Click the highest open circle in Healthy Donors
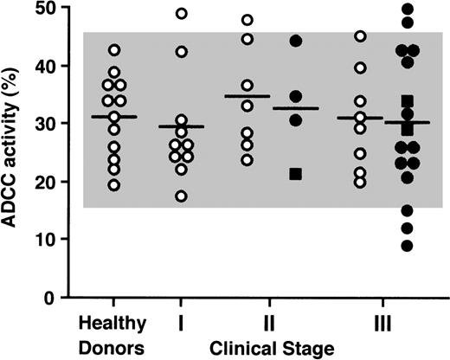114,50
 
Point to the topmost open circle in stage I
181,14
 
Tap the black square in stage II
295,174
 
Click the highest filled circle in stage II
295,42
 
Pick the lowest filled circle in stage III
408,246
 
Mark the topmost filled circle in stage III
408,10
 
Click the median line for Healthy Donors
114,117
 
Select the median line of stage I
181,126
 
